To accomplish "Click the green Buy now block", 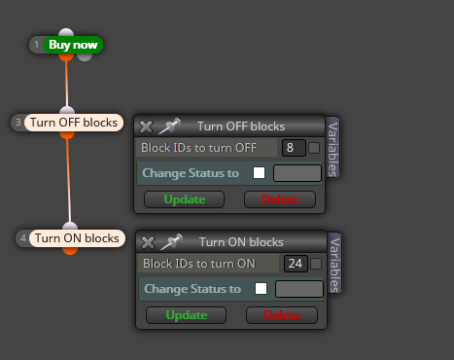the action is (x=73, y=45).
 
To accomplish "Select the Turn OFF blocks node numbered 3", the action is (x=74, y=123).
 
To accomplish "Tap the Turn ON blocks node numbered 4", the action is (x=77, y=238).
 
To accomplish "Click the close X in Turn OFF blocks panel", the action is (x=146, y=126).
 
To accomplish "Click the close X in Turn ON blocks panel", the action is (x=148, y=242).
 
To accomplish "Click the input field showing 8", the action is (x=294, y=148).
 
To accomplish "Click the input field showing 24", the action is (x=296, y=264).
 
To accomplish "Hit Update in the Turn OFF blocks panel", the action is (x=184, y=199).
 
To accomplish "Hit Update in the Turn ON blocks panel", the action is (x=186, y=315).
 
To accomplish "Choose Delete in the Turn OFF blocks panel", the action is (x=280, y=199).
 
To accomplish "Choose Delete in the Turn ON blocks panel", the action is (x=282, y=315).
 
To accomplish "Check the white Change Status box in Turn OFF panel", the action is (x=259, y=172).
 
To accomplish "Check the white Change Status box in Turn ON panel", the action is (x=261, y=288).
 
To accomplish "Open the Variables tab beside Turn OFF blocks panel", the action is (x=332, y=148).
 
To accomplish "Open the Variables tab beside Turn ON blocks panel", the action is (x=334, y=264).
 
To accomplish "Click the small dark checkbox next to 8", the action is (x=314, y=148).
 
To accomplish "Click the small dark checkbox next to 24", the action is (x=316, y=264).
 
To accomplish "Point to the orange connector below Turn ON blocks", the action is (x=70, y=251).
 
